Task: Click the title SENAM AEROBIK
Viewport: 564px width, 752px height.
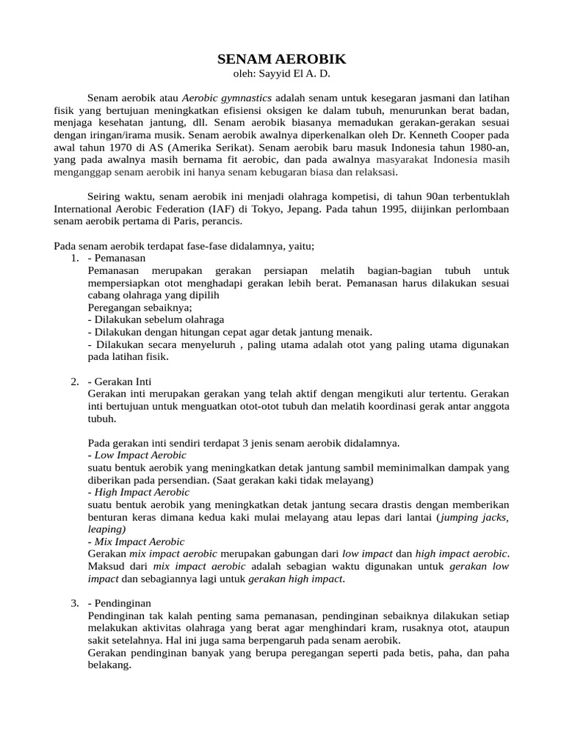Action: [x=282, y=59]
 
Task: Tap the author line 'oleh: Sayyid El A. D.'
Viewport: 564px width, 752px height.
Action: [x=282, y=73]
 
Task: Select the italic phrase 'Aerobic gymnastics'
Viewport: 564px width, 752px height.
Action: [x=227, y=98]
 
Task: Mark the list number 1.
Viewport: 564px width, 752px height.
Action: [x=75, y=258]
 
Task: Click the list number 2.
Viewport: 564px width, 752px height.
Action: [x=75, y=382]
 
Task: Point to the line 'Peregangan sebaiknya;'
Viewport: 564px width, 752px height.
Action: [x=140, y=308]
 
